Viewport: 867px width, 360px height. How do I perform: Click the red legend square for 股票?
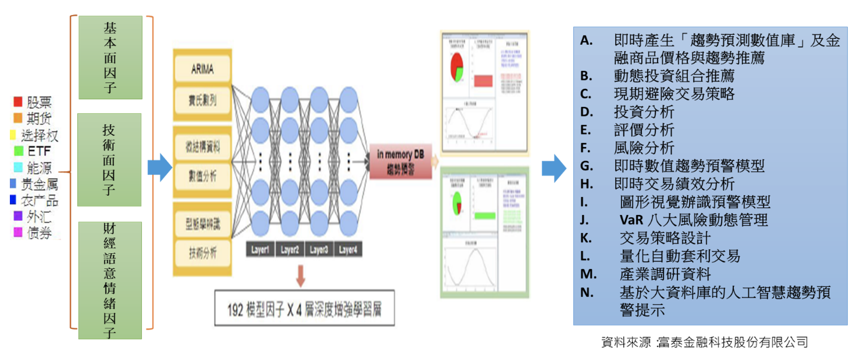pos(18,101)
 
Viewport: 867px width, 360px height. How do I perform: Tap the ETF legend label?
pos(39,151)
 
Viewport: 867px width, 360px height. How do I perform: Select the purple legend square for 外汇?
pos(18,216)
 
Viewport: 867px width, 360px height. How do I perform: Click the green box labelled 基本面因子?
pos(110,57)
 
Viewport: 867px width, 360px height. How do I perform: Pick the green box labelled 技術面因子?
pos(109,160)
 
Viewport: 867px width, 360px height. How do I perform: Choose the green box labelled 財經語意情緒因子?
pos(110,280)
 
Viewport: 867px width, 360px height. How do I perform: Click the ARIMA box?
pos(202,69)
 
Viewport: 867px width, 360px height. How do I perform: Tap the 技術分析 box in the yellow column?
pos(202,253)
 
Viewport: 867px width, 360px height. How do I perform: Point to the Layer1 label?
pos(260,250)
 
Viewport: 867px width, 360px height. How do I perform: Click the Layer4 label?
pos(348,250)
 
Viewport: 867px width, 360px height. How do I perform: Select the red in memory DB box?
pos(400,162)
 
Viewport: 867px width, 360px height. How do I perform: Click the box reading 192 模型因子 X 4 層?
pos(304,308)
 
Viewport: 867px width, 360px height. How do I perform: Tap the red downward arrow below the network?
pos(301,276)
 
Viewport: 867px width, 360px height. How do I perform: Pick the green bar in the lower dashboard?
pos(485,215)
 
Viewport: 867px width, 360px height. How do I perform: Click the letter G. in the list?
pos(587,166)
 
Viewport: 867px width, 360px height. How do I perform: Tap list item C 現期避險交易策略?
pos(674,94)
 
